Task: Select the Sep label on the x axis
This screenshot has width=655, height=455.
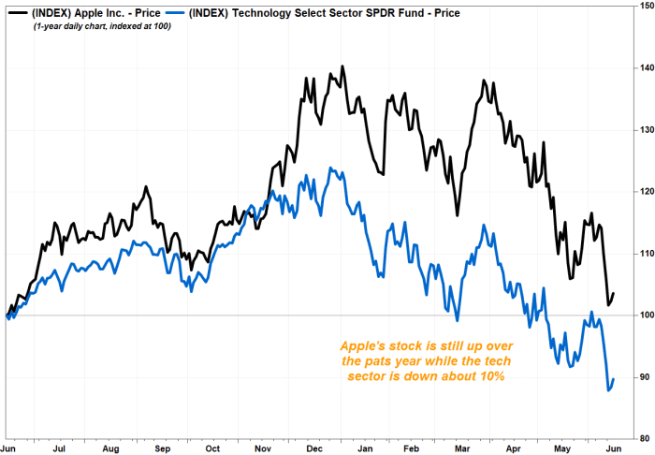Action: click(x=163, y=448)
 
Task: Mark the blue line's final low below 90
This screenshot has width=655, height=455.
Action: click(x=609, y=389)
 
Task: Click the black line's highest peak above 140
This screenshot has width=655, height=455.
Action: click(x=342, y=66)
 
